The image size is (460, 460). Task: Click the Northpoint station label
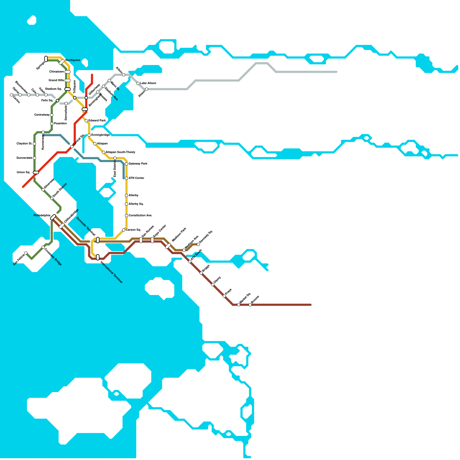[x=73, y=60]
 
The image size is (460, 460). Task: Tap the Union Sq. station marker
[x=36, y=172]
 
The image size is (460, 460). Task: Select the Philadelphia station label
[x=42, y=216]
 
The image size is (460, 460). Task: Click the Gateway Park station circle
[x=126, y=164]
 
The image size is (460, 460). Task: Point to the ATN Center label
[x=136, y=178]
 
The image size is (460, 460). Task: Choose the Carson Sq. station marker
[x=124, y=230]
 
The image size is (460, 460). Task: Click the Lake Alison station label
[x=148, y=83]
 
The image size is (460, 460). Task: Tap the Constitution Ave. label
[x=140, y=216]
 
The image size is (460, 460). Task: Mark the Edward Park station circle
[x=86, y=121]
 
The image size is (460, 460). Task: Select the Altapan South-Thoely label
[x=120, y=152]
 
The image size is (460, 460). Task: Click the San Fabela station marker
[x=26, y=253]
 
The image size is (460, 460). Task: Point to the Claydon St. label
[x=24, y=144]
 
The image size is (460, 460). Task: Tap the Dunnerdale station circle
[x=34, y=158]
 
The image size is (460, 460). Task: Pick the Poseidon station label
[x=60, y=124]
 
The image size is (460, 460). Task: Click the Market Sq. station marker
[x=239, y=305]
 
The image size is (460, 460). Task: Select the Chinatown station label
[x=56, y=72]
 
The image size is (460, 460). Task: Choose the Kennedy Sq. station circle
[x=198, y=244]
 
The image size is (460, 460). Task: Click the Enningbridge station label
[x=100, y=135]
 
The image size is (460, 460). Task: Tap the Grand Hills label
[x=56, y=80]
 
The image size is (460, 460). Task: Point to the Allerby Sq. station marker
[x=126, y=204]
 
